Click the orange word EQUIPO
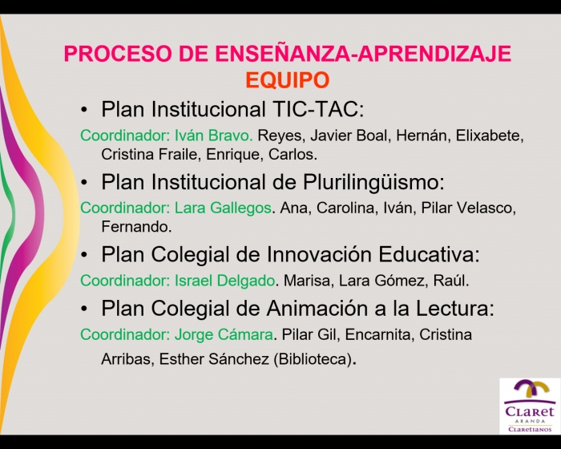point(287,80)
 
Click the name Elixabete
point(490,136)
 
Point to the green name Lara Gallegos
point(223,208)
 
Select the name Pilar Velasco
point(468,208)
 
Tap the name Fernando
point(136,227)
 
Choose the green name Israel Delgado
point(224,281)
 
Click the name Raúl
point(450,281)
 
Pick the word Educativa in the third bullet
point(429,255)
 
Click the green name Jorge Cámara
point(224,335)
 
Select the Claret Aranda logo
point(530,406)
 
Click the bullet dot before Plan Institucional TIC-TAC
point(84,110)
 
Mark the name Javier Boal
point(349,136)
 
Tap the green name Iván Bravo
point(214,136)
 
